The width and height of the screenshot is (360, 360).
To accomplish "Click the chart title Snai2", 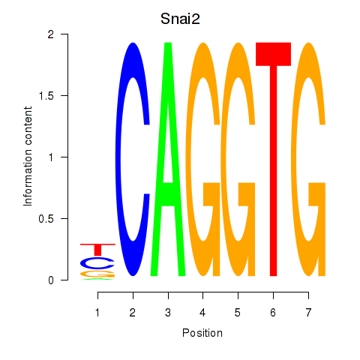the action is [x=180, y=19].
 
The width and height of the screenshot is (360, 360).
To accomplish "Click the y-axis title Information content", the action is [x=28, y=157].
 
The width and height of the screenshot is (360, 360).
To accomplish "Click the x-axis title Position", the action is [x=202, y=333].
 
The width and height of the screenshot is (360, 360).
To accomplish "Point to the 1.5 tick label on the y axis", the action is [x=46, y=96].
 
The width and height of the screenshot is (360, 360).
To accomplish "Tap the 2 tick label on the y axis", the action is [x=51, y=34].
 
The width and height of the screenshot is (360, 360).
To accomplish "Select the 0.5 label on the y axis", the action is [x=46, y=219].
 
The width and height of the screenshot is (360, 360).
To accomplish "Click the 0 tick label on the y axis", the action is [x=51, y=280].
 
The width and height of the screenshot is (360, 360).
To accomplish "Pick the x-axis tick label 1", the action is [x=97, y=313].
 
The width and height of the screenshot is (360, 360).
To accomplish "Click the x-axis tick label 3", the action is [x=168, y=313].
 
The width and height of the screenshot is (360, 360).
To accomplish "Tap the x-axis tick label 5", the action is [x=238, y=313].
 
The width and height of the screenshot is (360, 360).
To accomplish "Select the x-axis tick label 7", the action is [x=308, y=313].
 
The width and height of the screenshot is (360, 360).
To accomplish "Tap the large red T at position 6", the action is [x=274, y=159].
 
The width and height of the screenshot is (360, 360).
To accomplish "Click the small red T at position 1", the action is [x=97, y=249].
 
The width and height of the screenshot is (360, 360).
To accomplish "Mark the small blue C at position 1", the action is [x=85, y=262].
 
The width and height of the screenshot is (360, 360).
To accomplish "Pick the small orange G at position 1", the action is [x=97, y=274].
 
